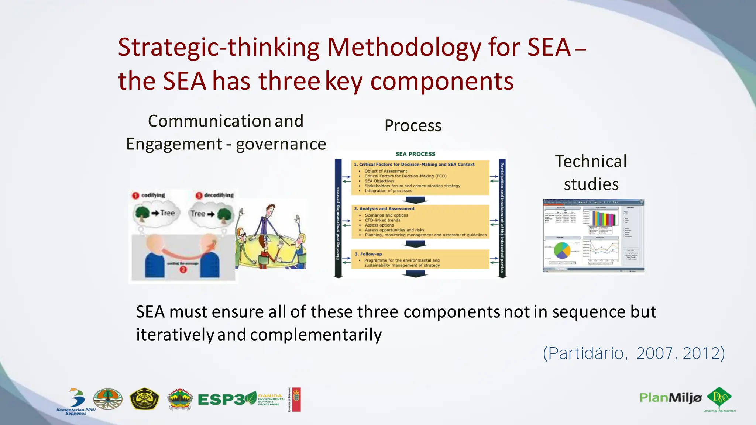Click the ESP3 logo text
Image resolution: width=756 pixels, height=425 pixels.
click(x=221, y=400)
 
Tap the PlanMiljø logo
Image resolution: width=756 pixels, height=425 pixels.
click(x=670, y=398)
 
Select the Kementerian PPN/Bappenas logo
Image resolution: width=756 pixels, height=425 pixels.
click(x=76, y=401)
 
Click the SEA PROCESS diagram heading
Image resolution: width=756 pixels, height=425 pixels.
click(x=415, y=154)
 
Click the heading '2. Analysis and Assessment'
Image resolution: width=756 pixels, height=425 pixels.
click(x=384, y=208)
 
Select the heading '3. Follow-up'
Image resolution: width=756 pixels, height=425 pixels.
click(x=368, y=254)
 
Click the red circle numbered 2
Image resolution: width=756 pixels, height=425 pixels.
click(x=183, y=270)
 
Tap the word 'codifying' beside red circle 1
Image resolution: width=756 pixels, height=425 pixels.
click(x=153, y=195)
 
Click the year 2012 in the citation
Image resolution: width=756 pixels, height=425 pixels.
click(x=703, y=353)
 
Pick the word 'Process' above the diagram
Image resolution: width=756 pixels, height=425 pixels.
click(x=413, y=126)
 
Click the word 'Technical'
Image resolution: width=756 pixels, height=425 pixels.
click(x=591, y=162)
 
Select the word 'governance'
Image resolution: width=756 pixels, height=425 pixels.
click(x=281, y=144)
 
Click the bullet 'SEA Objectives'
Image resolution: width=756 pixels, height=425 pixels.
click(x=379, y=181)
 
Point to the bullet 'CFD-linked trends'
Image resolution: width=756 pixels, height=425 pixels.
click(x=382, y=220)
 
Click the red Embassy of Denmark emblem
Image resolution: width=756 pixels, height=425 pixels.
click(x=296, y=399)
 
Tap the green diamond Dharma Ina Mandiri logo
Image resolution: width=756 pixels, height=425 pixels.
click(x=719, y=398)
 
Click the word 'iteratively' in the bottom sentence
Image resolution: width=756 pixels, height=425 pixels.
click(x=175, y=335)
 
